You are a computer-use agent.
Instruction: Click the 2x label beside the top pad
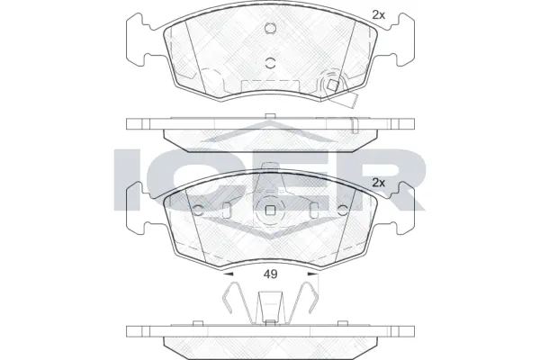[378, 13]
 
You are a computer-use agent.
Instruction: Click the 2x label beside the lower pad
[378, 183]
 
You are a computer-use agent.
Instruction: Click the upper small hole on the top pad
[270, 27]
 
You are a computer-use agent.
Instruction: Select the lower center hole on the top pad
[271, 63]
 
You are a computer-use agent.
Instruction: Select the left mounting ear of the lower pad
[139, 207]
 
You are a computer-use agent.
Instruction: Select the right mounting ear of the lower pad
[402, 207]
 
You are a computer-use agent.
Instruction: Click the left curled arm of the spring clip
[233, 297]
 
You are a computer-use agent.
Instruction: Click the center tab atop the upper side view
[270, 115]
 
